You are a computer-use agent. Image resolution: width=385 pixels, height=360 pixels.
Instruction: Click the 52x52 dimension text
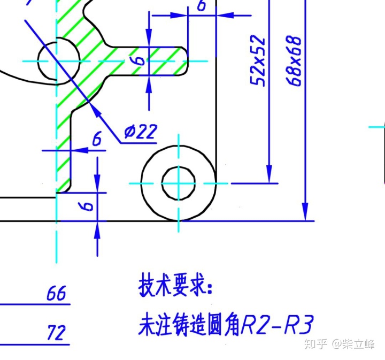258,60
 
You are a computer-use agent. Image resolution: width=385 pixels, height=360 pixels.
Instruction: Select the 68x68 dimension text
294,60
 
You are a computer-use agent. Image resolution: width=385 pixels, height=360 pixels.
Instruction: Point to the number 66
56,293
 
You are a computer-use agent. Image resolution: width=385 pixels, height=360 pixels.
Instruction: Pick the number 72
56,333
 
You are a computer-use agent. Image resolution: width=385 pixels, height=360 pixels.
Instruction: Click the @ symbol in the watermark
337,343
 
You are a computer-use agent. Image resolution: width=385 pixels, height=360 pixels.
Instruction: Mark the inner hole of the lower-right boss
178,183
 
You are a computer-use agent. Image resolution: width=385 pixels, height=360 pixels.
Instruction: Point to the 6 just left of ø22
97,139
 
